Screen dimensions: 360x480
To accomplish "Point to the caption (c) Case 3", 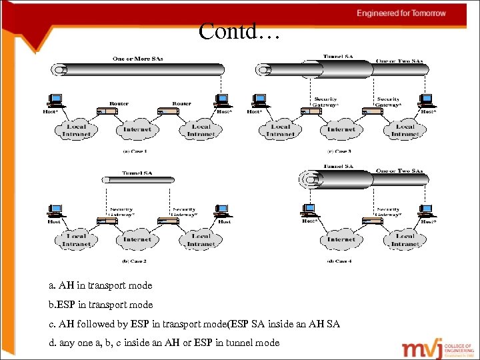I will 339,151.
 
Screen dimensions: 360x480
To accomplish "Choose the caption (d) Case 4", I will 339,261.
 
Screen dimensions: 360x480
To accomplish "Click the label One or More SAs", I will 138,59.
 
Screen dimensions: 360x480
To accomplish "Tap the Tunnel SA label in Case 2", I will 137,172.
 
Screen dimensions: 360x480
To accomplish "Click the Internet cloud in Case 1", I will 137,129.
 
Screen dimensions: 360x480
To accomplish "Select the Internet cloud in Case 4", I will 341,239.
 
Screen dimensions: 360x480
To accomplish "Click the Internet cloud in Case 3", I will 341,129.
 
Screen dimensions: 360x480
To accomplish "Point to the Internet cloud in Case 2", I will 137,239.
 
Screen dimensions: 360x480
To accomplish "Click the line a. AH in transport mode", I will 101,285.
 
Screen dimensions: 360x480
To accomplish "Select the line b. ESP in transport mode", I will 101,305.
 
